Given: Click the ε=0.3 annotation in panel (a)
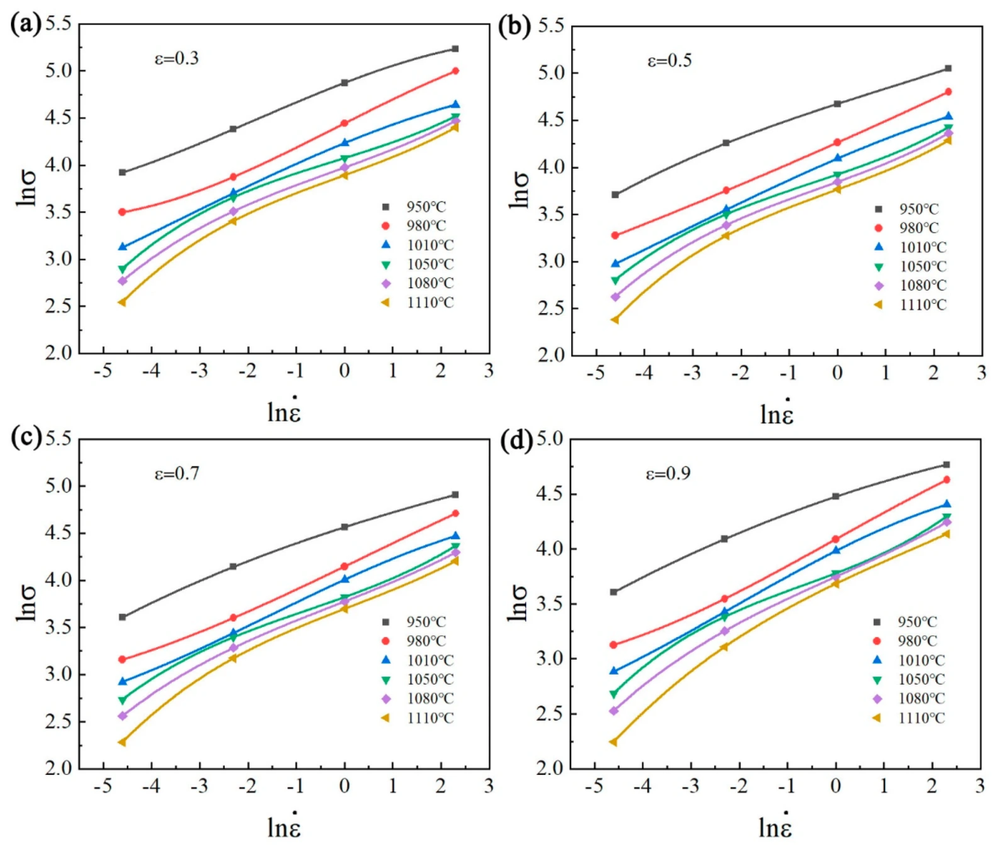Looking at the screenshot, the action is tap(176, 58).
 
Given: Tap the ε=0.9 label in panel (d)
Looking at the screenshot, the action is tap(668, 474).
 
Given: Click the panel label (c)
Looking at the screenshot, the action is tap(25, 438).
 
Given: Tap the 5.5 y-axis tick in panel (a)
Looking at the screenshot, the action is tap(58, 24).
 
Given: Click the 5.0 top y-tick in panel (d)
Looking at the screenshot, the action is tap(550, 438).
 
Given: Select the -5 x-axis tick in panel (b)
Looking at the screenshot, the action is tap(595, 373).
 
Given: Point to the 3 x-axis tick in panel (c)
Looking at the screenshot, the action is tap(489, 787).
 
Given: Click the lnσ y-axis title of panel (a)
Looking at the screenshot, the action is tap(26, 188).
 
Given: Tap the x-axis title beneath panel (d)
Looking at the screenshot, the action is tap(776, 826).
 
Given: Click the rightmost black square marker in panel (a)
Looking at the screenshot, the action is tap(455, 49).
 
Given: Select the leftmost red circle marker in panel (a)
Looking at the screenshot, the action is tap(122, 212).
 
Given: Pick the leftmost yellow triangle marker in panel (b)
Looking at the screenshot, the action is tap(615, 320).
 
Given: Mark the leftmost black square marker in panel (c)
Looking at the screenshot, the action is tap(122, 617).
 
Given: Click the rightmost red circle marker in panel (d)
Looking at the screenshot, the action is tap(946, 480).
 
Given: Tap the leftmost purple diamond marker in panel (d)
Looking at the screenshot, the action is tap(614, 711).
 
